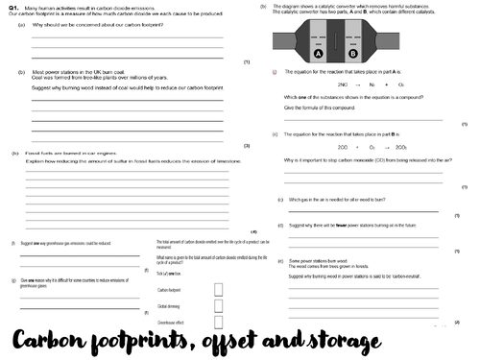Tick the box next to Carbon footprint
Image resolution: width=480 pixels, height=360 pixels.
[x=219, y=288]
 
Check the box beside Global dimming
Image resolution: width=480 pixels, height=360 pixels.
[x=219, y=306]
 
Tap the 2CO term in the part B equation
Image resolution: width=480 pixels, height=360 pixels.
[x=344, y=147]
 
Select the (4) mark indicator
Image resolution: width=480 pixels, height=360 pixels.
[x=253, y=232]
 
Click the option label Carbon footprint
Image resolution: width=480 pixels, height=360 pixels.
[x=169, y=289]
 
